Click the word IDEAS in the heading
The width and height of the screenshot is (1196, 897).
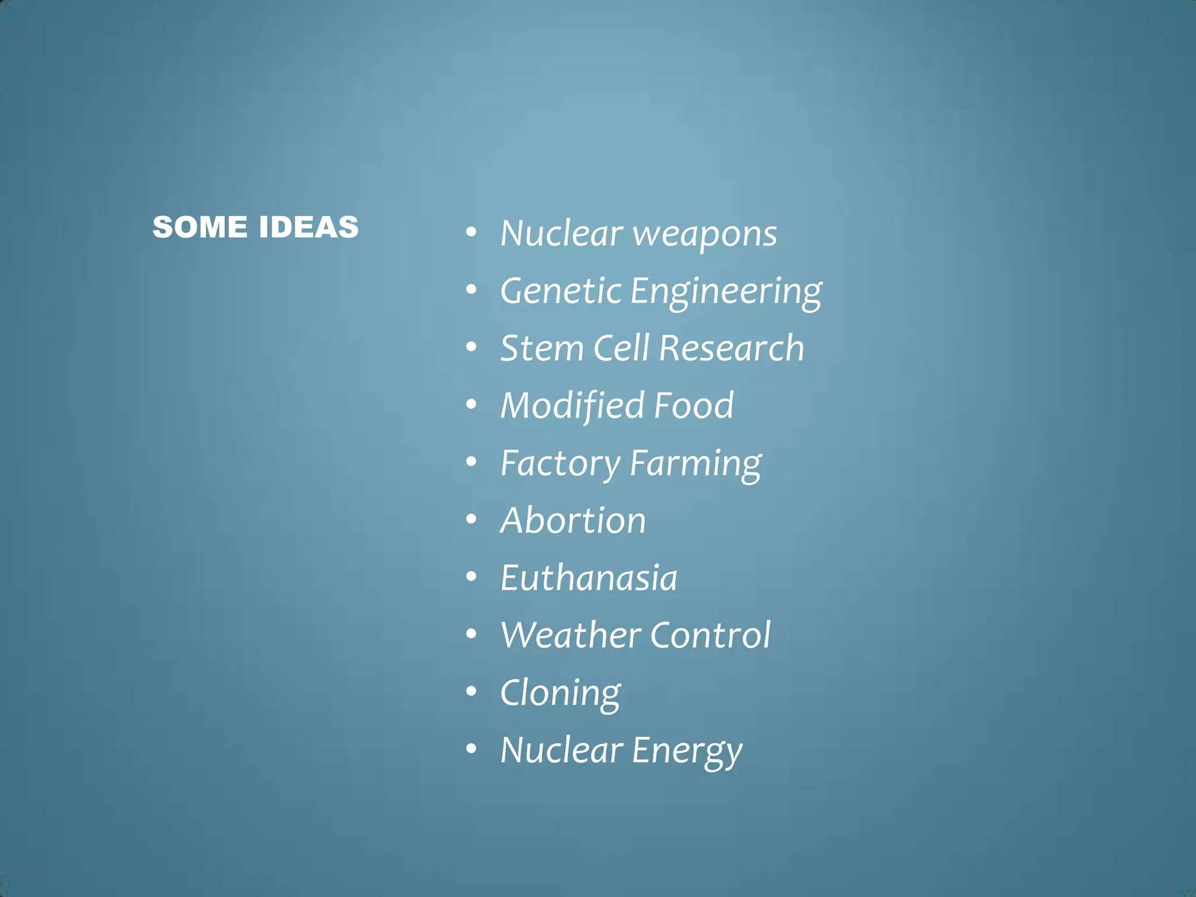309,227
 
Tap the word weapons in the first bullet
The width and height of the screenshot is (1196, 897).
705,234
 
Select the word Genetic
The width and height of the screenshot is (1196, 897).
561,291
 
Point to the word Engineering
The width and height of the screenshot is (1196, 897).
726,292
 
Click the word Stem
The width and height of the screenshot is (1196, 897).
542,348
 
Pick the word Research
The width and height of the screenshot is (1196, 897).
732,348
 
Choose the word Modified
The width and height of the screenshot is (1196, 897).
572,406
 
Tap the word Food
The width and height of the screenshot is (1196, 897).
694,405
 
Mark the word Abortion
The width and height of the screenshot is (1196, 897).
573,520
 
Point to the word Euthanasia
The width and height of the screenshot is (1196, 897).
589,578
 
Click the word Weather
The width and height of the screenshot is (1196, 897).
571,635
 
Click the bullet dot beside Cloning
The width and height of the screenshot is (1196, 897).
471,691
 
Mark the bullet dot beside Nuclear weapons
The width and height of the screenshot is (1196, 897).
471,232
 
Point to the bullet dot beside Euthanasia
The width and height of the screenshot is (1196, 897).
471,576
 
